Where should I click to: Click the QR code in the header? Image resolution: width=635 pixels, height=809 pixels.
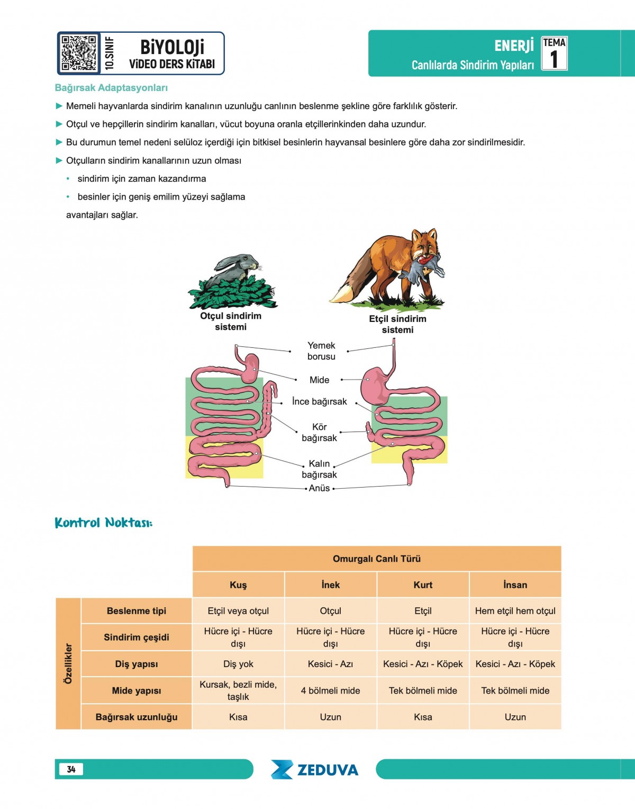(78, 53)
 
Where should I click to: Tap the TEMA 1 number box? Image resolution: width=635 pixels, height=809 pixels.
(554, 53)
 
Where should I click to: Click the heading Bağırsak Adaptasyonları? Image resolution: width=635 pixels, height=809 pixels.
(111, 88)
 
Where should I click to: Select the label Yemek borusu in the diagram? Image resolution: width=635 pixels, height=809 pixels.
(321, 351)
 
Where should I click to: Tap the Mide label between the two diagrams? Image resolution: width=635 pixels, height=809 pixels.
(319, 380)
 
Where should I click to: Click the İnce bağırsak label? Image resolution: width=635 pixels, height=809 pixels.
(320, 402)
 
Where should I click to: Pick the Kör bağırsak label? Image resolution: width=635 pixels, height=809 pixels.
(319, 433)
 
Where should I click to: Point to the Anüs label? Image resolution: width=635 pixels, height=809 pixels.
(319, 488)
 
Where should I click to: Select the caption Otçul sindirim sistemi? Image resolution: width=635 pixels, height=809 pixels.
(231, 321)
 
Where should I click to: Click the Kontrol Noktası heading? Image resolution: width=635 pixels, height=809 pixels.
(104, 523)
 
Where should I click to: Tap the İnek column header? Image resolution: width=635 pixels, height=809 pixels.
(331, 585)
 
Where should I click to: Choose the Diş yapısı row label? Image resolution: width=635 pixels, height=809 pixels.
(137, 664)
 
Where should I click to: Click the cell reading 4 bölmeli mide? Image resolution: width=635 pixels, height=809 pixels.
(331, 690)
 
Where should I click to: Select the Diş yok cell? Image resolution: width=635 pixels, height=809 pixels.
(238, 664)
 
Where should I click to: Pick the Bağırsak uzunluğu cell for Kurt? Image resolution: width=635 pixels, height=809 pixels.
(423, 717)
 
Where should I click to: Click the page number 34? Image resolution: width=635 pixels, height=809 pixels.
(71, 769)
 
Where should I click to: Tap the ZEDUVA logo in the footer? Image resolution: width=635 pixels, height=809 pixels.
(315, 770)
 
